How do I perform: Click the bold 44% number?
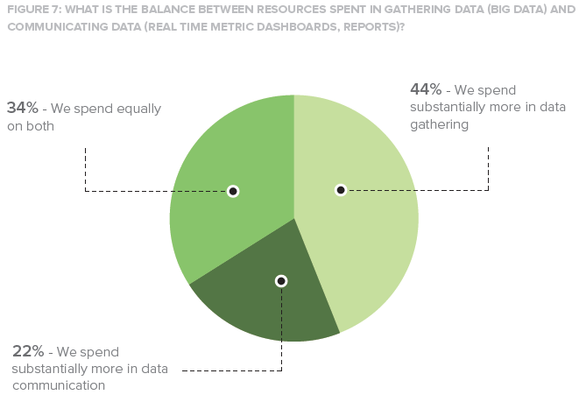click(426, 89)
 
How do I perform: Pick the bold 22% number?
click(27, 350)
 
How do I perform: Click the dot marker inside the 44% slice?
click(341, 190)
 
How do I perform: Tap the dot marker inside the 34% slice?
click(233, 191)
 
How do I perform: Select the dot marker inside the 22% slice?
click(281, 281)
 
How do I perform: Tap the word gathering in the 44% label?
click(440, 124)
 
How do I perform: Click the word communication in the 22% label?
click(59, 384)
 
